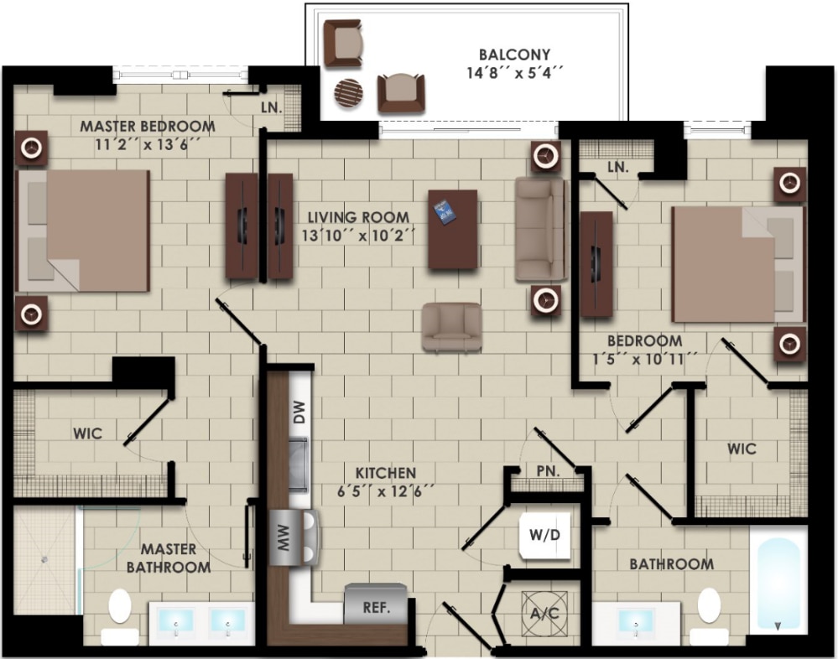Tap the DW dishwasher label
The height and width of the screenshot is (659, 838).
pos(299,411)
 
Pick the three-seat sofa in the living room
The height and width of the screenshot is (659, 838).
pos(540,228)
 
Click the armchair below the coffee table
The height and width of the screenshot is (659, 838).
pos(452,327)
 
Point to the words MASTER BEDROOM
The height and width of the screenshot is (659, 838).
pos(147,127)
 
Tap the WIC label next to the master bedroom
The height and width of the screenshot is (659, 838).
pos(87,433)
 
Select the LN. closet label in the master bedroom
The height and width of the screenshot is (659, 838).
pos(271,108)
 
